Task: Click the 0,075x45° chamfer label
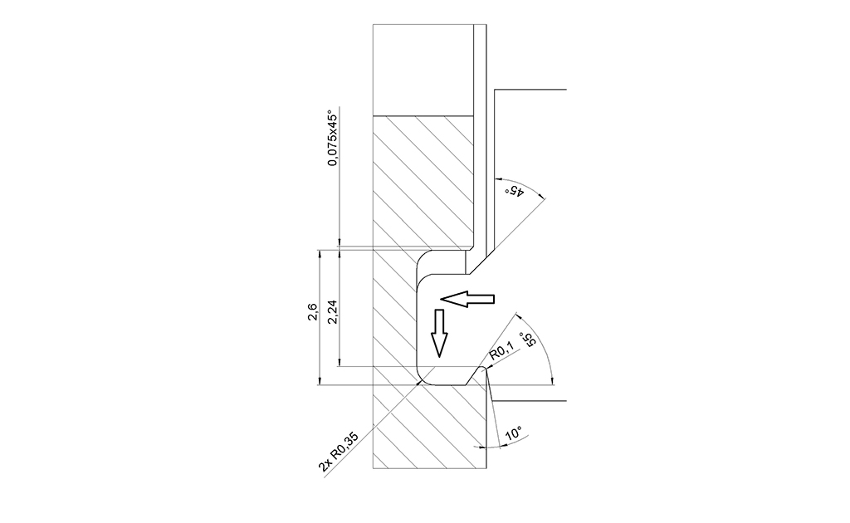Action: pyautogui.click(x=333, y=139)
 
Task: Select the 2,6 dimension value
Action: pyautogui.click(x=313, y=313)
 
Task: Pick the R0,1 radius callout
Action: pyautogui.click(x=501, y=352)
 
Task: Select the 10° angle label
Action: pyautogui.click(x=513, y=434)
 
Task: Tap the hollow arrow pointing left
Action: pyautogui.click(x=467, y=299)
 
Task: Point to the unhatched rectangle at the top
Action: pyautogui.click(x=423, y=70)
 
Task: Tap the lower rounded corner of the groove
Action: pyautogui.click(x=423, y=376)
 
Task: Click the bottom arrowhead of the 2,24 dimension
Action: pyautogui.click(x=339, y=363)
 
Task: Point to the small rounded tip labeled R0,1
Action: pyautogui.click(x=484, y=368)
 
